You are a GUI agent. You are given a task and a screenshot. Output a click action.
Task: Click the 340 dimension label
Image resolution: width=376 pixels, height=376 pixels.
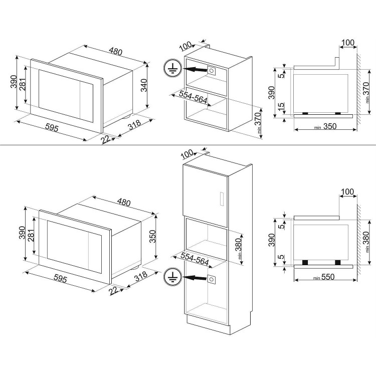tap(144, 85)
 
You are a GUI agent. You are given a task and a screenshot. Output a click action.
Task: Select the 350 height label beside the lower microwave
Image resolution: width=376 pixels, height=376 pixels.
tap(152, 236)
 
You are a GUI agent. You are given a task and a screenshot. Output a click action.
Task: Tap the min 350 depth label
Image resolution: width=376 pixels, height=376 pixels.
tap(325, 126)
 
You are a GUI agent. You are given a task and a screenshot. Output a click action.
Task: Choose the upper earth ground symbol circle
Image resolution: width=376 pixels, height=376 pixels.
tap(172, 68)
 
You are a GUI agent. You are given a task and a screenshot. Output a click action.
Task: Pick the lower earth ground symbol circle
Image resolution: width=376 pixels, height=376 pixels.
tap(172, 276)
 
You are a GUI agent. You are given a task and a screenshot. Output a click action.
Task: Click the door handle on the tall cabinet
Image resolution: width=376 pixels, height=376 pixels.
tap(222, 199)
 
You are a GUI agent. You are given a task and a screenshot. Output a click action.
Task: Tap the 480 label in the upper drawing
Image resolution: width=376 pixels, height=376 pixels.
tap(116, 51)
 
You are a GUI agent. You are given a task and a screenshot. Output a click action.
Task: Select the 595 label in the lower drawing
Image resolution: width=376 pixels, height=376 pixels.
tap(60, 278)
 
